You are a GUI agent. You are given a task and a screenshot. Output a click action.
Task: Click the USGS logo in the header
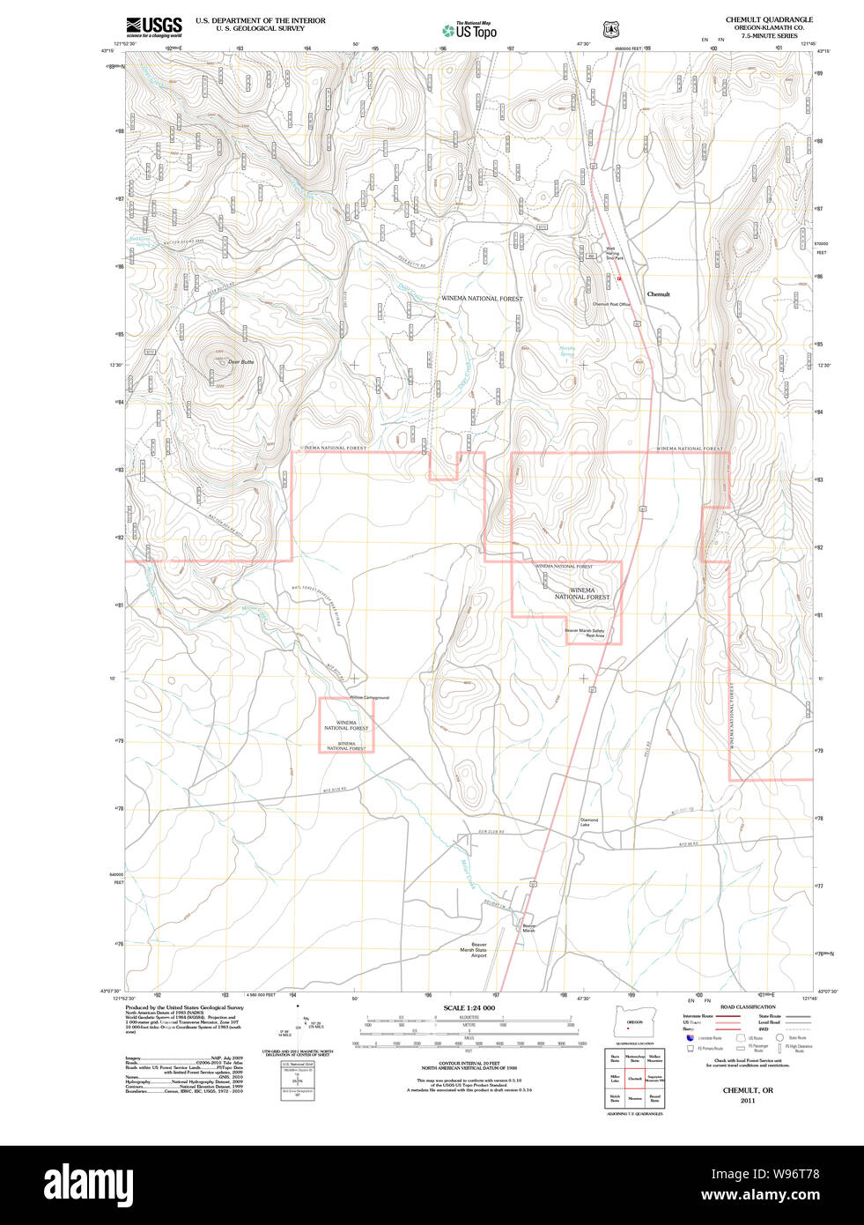click(154, 26)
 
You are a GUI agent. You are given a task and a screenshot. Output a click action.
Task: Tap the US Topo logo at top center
click(469, 30)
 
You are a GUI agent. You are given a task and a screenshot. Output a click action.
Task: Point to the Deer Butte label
click(240, 361)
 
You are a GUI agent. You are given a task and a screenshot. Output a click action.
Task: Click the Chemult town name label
click(658, 294)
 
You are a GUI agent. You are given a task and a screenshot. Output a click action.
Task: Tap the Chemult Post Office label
click(611, 304)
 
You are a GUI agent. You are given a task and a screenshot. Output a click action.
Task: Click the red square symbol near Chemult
click(619, 278)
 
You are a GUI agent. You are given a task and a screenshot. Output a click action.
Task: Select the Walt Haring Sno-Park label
click(614, 253)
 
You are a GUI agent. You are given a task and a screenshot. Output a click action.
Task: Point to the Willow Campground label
click(368, 697)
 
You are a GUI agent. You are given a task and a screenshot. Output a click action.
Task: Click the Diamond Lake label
click(588, 822)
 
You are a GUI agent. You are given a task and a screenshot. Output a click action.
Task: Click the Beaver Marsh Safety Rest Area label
click(585, 632)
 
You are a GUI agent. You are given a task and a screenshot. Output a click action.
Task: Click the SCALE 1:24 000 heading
click(469, 1007)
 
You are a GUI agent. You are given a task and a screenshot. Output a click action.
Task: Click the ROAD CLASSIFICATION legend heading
click(748, 1006)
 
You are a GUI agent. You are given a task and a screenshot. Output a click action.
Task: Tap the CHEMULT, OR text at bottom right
click(748, 1090)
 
